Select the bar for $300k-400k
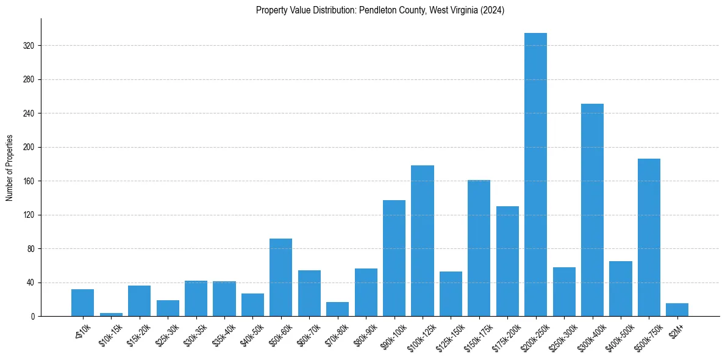click(592, 210)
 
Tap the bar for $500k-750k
click(649, 237)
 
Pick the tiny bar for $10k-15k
click(111, 315)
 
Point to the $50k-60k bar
click(280, 278)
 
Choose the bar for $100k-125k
click(423, 241)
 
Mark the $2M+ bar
click(677, 310)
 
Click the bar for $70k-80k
click(337, 309)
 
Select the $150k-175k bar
click(479, 248)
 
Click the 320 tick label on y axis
click(28, 46)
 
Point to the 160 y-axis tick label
click(28, 181)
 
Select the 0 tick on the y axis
click(34, 317)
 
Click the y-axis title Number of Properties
click(9, 168)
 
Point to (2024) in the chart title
click(493, 10)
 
